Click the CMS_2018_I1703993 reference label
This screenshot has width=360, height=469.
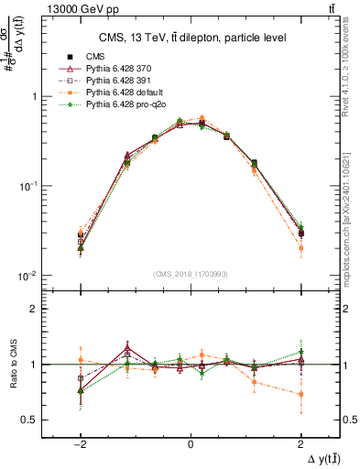(x=190, y=272)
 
